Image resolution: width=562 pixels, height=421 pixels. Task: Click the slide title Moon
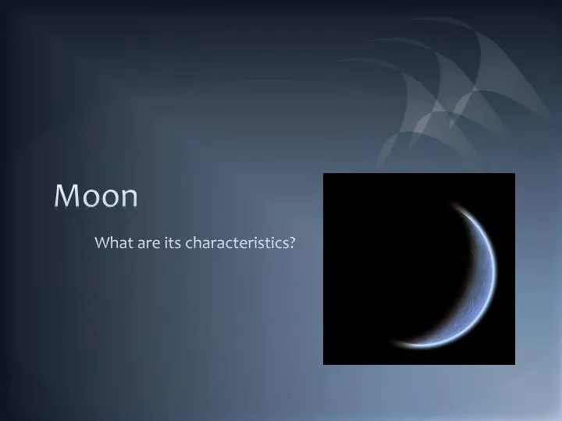coord(96,196)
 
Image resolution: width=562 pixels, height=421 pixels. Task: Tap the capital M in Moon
coord(66,196)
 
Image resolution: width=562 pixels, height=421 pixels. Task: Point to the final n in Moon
coord(128,198)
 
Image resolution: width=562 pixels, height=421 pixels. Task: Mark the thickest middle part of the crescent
coord(490,273)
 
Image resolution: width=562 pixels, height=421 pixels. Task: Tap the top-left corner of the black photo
coord(324,174)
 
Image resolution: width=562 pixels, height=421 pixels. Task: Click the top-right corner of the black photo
coord(514,174)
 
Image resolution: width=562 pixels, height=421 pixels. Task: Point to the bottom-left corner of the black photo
coord(324,363)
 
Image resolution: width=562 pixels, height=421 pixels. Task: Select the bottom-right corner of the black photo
coord(514,363)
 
